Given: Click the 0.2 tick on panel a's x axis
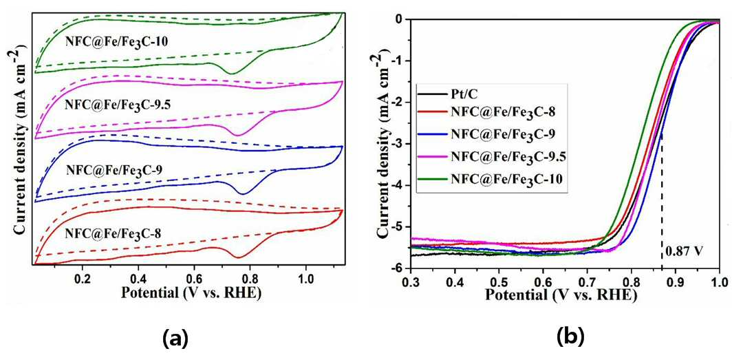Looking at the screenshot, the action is point(83,275).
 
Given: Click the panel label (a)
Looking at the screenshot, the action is point(175,338).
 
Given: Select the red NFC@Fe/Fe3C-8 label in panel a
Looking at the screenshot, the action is point(112,233).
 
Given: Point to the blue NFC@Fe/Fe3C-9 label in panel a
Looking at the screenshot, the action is point(115,169).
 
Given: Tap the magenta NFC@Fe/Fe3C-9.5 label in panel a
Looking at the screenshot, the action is point(117,105).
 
